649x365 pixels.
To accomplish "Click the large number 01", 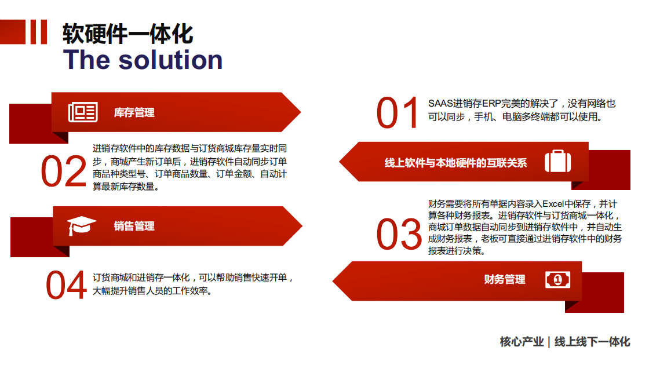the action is [x=397, y=112].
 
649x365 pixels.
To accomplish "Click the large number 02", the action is [x=64, y=171].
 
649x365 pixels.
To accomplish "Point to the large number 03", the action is [x=399, y=234].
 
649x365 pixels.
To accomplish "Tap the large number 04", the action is [x=66, y=284].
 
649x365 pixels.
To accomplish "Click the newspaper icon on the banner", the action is [x=83, y=112].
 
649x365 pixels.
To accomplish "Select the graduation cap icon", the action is [x=81, y=225].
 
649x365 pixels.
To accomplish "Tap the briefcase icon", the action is [x=557, y=161].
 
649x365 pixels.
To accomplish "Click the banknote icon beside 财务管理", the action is [x=557, y=280].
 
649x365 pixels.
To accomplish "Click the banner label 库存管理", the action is [x=134, y=112].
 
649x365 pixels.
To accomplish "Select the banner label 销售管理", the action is [x=134, y=226].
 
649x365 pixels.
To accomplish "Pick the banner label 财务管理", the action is [x=505, y=279].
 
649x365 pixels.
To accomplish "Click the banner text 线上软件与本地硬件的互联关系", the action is [x=455, y=163].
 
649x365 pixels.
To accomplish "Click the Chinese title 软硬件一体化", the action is [x=128, y=34].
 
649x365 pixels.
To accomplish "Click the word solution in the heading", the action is [x=170, y=60].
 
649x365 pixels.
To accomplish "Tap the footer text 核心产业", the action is [x=522, y=342].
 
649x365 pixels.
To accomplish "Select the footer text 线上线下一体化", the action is [x=592, y=342].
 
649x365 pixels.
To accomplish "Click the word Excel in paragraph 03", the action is [x=553, y=204].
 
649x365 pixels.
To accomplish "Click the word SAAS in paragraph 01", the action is [x=440, y=104].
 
